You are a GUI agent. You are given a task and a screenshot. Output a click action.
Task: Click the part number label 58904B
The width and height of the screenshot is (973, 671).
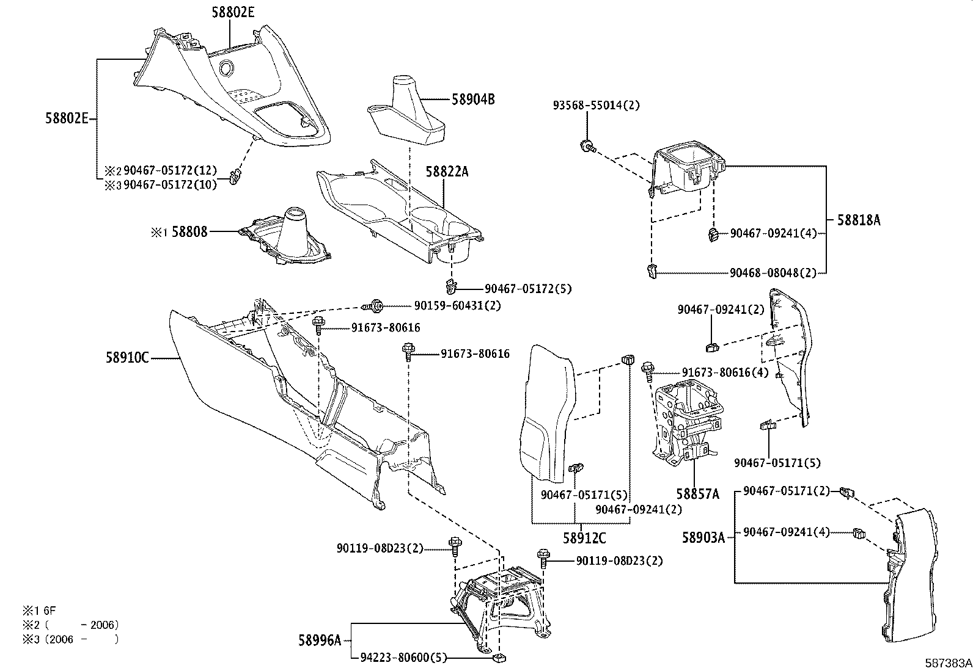(x=473, y=99)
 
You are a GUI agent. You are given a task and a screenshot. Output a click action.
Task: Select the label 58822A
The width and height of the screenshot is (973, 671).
(x=447, y=172)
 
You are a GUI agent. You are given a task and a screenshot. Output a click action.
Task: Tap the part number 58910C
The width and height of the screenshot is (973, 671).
(x=127, y=358)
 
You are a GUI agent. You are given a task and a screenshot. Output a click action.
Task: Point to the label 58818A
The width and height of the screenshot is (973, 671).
(x=858, y=220)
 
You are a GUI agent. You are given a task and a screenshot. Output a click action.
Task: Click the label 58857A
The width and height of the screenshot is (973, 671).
(x=697, y=493)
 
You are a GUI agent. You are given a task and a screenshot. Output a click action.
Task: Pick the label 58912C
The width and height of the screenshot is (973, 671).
(x=584, y=538)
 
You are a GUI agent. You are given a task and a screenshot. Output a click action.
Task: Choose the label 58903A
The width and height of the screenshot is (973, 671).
(x=703, y=537)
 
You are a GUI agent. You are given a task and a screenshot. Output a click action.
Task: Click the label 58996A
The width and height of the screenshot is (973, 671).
(x=320, y=640)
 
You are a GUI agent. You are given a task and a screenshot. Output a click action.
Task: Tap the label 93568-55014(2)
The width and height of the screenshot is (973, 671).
(x=596, y=105)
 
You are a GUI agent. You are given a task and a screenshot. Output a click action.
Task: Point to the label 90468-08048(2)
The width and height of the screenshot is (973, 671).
(x=773, y=273)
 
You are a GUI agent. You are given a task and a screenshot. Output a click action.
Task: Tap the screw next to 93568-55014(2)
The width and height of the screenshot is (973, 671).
(x=587, y=146)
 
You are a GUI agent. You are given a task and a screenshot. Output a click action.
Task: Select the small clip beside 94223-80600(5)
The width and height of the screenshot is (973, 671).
(x=499, y=658)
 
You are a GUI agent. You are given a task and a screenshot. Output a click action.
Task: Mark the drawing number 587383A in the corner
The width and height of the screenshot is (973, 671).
(x=947, y=662)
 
